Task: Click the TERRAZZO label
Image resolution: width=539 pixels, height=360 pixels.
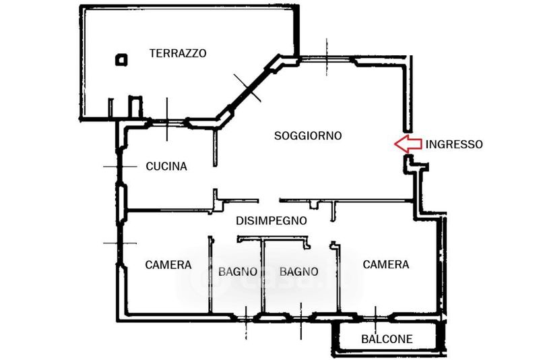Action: pyautogui.click(x=178, y=53)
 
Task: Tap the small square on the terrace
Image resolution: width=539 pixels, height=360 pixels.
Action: pyautogui.click(x=121, y=60)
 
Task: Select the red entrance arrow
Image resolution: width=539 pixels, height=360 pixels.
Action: pyautogui.click(x=407, y=143)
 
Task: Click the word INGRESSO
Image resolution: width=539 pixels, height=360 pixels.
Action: pyautogui.click(x=453, y=144)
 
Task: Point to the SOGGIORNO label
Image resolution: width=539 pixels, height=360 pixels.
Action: pyautogui.click(x=308, y=136)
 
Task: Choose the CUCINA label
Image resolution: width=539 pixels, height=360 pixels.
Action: pyautogui.click(x=166, y=166)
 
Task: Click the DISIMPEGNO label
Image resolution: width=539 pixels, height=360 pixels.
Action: pyautogui.click(x=272, y=220)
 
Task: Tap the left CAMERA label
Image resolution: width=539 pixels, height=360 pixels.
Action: pyautogui.click(x=168, y=265)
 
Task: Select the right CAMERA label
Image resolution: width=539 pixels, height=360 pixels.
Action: pyautogui.click(x=386, y=264)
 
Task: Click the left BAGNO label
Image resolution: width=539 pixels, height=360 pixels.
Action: pyautogui.click(x=238, y=272)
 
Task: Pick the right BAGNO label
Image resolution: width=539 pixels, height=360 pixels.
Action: pyautogui.click(x=298, y=272)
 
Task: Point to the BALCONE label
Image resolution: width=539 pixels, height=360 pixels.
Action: pyautogui.click(x=387, y=339)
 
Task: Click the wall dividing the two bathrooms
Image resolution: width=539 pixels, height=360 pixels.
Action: pyautogui.click(x=263, y=276)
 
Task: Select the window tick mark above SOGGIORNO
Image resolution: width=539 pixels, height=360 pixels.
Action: pyautogui.click(x=327, y=57)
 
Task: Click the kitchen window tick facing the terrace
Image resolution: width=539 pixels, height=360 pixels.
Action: pyautogui.click(x=167, y=121)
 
